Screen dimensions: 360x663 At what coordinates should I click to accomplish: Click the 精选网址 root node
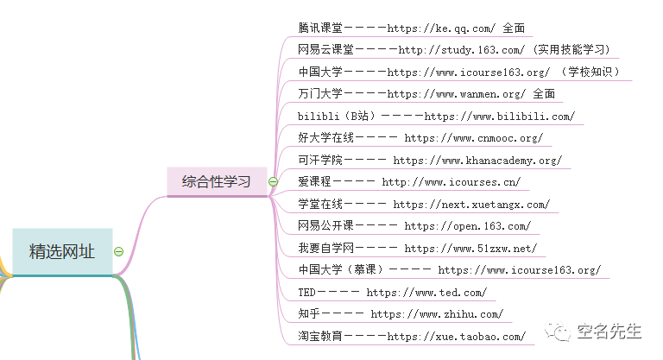coord(62,251)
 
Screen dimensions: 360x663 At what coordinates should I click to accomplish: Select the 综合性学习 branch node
coord(216,181)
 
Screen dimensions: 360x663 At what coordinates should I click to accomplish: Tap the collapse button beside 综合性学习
coord(273,182)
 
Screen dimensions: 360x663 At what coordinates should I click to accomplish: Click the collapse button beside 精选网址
coord(119,252)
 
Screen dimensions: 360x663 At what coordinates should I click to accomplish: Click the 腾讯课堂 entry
coord(411,28)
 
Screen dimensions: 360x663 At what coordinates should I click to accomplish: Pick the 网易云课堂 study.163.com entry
coord(454,50)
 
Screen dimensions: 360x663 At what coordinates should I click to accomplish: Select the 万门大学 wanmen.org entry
coord(426,94)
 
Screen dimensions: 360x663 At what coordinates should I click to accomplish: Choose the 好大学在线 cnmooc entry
coord(420,138)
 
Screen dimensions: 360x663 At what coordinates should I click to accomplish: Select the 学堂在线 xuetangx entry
coord(423,205)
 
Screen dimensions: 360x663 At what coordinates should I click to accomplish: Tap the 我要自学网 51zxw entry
coord(417,249)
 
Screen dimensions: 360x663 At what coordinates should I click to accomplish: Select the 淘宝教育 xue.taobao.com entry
coord(411,337)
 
